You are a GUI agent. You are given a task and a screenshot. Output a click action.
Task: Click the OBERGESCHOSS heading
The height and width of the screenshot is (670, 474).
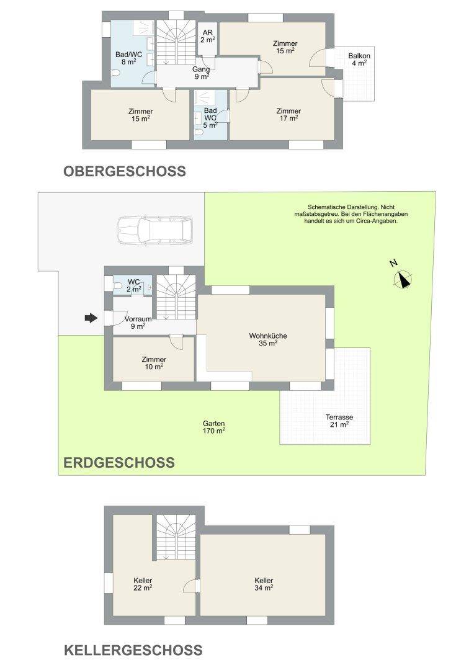124,171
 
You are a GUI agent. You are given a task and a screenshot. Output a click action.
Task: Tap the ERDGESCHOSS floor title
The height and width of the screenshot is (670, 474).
119,462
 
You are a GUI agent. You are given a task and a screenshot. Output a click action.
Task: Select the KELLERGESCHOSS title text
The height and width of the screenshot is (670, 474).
133,650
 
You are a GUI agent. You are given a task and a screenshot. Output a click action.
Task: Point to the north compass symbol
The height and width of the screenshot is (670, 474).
402,278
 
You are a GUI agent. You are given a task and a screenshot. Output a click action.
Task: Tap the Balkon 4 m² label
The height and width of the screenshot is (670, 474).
359,60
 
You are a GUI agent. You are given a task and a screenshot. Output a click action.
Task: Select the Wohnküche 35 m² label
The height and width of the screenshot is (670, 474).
268,339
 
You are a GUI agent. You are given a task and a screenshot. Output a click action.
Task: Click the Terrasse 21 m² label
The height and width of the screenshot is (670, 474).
339,421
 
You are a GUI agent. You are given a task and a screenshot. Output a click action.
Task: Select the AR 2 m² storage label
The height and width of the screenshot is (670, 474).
208,37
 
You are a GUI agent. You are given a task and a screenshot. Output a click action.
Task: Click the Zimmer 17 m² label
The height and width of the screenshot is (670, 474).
288,115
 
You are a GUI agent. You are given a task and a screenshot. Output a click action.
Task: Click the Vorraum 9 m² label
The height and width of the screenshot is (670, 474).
138,322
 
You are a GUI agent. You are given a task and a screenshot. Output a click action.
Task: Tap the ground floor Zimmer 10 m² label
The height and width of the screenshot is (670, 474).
154,363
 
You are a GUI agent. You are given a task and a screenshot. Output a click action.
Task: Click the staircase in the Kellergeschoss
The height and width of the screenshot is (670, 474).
176,537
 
